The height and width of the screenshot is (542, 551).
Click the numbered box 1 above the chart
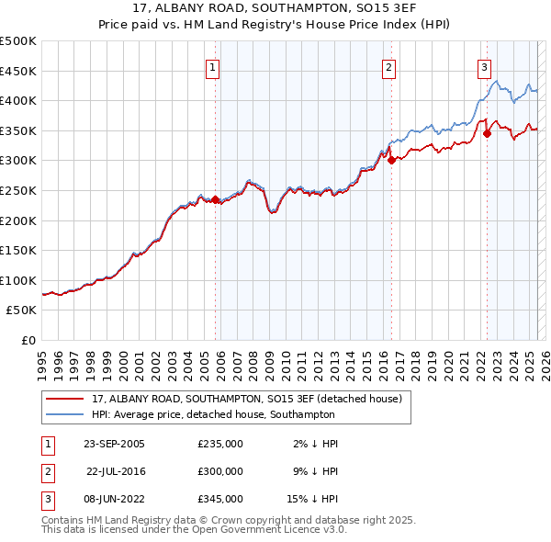tap(212, 66)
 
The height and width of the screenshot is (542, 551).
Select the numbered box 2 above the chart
tap(389, 66)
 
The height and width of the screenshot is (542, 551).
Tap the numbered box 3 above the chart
tap(484, 66)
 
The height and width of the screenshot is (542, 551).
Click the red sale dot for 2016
tap(392, 160)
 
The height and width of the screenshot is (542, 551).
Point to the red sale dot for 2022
tap(488, 133)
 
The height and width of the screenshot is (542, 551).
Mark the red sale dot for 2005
tap(216, 199)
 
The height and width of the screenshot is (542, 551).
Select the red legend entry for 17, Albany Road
tap(246, 399)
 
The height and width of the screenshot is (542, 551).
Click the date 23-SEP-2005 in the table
tap(114, 444)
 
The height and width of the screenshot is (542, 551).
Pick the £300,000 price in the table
tap(220, 471)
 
